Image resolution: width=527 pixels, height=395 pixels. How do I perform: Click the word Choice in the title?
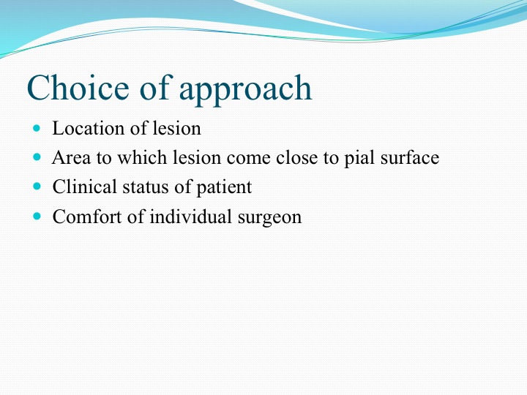78,87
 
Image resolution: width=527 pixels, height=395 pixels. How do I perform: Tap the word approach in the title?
246,90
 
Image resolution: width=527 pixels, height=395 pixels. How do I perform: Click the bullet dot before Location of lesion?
37,128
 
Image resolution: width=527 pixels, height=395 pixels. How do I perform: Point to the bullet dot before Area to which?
37,157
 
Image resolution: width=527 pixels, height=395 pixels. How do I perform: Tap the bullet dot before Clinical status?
37,187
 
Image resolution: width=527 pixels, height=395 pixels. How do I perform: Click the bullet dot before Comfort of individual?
37,216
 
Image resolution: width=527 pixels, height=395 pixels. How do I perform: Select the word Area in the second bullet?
71,158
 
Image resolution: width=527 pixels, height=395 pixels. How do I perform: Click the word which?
141,157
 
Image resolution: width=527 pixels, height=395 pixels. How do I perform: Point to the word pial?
359,158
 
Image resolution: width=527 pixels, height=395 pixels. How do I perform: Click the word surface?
410,157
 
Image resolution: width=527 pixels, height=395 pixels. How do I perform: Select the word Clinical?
84,187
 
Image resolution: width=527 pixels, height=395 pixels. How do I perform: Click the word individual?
190,217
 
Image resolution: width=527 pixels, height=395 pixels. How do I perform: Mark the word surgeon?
269,218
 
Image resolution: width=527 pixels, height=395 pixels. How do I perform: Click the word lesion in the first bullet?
177,128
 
